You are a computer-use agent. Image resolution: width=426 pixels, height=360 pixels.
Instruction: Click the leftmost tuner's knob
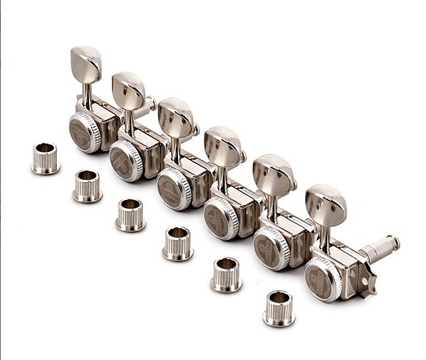tap(86, 63)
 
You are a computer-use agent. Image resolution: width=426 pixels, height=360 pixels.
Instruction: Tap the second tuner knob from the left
tap(129, 89)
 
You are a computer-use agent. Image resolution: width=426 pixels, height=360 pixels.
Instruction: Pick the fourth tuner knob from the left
tap(222, 144)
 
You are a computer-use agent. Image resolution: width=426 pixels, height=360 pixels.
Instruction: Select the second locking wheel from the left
tap(125, 159)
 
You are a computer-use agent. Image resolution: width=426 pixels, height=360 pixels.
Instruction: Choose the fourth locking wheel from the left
tap(220, 217)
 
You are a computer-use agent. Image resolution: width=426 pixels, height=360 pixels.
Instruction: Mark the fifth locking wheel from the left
tap(270, 247)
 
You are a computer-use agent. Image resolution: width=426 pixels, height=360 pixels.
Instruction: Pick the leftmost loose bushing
tap(45, 159)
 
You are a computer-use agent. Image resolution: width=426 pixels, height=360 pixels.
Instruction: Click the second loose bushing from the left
tap(87, 185)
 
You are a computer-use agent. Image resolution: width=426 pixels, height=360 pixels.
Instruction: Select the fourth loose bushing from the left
tap(178, 243)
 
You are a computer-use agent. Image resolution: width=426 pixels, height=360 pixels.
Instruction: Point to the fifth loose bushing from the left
tap(226, 274)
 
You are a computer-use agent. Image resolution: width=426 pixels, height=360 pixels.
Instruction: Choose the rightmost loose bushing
tap(279, 307)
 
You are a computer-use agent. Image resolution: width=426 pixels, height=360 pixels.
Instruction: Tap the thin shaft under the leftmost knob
tap(88, 93)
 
